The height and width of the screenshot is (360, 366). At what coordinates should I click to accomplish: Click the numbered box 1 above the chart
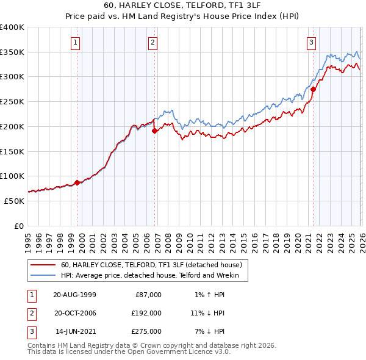pyautogui.click(x=74, y=42)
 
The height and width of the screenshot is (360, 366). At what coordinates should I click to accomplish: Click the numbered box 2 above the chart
pyautogui.click(x=152, y=42)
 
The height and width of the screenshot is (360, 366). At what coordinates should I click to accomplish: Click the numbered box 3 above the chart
pyautogui.click(x=311, y=42)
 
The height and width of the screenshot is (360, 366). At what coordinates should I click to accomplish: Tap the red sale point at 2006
pyautogui.click(x=154, y=130)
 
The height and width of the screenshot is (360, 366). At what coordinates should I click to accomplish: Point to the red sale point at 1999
pyautogui.click(x=77, y=182)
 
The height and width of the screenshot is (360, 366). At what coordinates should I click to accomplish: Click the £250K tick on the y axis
pyautogui.click(x=12, y=102)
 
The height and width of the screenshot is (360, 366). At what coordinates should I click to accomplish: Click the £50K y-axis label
pyautogui.click(x=14, y=201)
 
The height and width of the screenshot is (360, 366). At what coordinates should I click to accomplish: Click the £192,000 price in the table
pyautogui.click(x=147, y=313)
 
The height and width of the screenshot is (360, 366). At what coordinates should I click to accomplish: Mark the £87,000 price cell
pyautogui.click(x=148, y=295)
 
